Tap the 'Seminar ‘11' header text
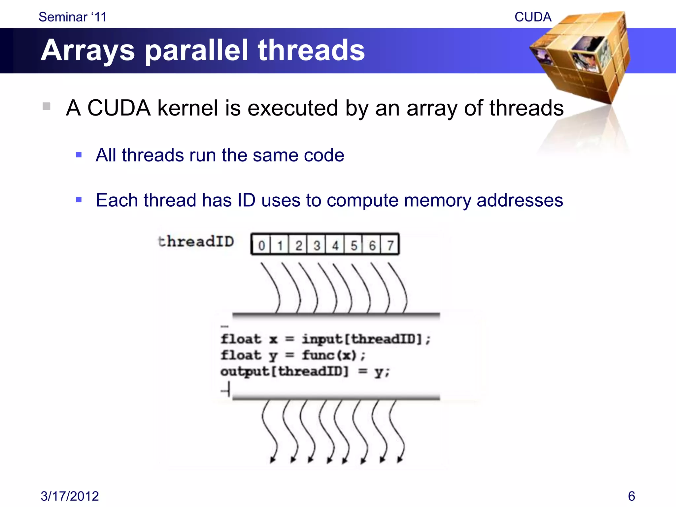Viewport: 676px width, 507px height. coord(73,17)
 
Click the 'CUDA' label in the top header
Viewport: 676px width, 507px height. coord(533,17)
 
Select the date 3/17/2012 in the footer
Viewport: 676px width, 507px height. coord(70,496)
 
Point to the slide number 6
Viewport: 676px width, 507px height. coord(631,496)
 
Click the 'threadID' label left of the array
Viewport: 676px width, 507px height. coord(196,241)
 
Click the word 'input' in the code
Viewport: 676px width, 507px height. coord(322,339)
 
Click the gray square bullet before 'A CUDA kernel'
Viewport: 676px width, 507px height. coord(47,106)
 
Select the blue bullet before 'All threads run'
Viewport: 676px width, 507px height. coord(79,155)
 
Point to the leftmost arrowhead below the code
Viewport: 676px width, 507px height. coord(272,460)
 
